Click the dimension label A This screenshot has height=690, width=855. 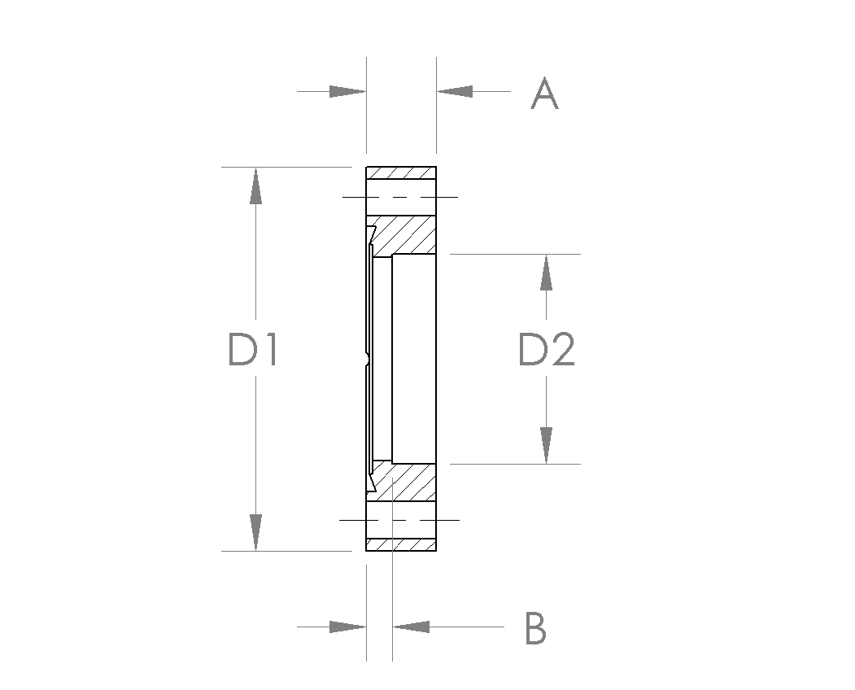[544, 94]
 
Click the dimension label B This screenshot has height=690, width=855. [535, 628]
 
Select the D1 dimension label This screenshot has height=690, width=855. [253, 349]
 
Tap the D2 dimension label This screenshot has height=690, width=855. [547, 349]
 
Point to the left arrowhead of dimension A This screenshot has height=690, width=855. [347, 92]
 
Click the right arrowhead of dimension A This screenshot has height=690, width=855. [455, 92]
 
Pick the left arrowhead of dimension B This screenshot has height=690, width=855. [347, 627]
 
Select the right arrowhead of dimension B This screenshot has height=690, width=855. [411, 627]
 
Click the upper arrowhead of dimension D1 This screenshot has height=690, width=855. [255, 186]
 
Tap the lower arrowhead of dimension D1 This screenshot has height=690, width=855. [255, 532]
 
